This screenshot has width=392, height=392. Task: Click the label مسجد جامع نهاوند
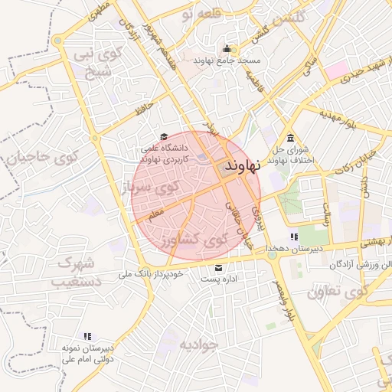227,60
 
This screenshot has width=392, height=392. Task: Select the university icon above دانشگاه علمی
162,137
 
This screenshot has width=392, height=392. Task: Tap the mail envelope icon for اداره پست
219,268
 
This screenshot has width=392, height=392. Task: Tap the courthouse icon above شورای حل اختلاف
290,138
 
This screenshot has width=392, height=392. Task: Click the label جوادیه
199,345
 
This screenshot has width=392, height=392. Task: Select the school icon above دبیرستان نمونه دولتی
87,335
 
